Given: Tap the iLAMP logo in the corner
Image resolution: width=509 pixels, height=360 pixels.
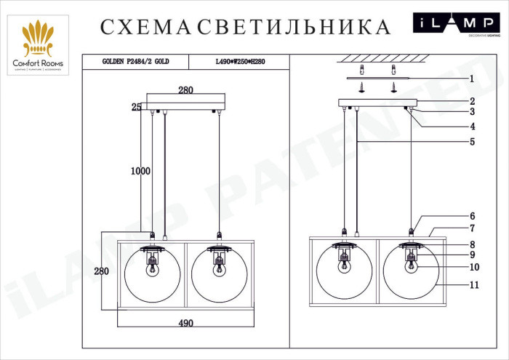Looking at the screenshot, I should point(456,23).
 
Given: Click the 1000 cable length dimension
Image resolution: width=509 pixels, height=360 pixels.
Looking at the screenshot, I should point(140,171).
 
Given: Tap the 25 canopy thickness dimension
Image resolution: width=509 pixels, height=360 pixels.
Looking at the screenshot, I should point(136,107).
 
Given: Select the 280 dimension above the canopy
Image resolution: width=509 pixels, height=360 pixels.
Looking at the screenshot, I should point(186,91).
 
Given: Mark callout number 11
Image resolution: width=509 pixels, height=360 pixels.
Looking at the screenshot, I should point(473,286).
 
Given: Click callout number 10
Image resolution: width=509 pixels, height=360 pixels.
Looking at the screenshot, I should point(473,267).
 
